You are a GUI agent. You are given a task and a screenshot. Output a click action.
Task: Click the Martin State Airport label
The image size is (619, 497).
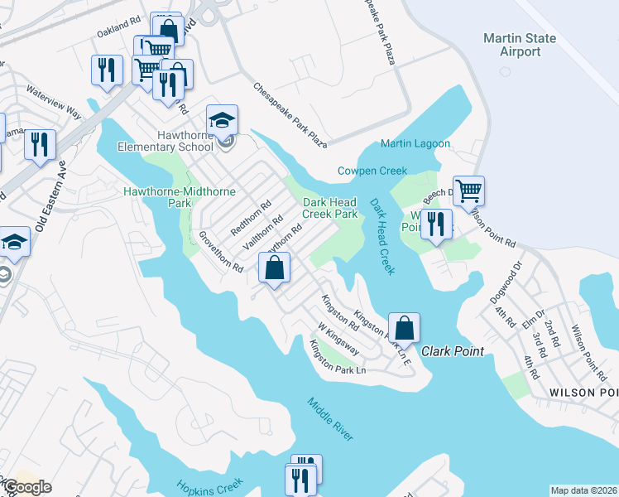coord(512,45)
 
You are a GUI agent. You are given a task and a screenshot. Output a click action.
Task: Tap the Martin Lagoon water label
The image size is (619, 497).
coord(415,143)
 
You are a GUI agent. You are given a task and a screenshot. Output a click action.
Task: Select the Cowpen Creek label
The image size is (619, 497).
coord(372,171)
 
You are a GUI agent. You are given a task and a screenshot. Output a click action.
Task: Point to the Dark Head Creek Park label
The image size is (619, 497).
coord(329,208)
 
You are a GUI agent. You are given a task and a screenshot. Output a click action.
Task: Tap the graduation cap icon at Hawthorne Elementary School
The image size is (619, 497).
coord(222,121)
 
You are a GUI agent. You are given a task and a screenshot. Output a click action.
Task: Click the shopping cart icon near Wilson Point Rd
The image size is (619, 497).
coord(468,191)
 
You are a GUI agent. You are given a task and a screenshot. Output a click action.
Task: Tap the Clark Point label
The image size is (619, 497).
coord(453,351)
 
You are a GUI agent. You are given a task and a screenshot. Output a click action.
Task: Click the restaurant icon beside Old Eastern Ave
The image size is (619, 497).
coord(40,145)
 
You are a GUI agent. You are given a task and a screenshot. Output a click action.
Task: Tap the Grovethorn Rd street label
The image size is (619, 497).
coord(220,252)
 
